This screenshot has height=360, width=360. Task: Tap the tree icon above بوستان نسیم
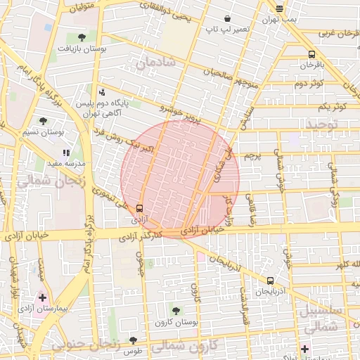(x=44, y=121)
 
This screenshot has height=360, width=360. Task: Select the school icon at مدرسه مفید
(x=67, y=152)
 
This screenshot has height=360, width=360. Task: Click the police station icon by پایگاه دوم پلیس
(x=102, y=91)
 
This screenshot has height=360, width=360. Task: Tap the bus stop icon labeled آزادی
(x=139, y=208)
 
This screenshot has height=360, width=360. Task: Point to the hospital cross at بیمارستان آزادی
(x=43, y=298)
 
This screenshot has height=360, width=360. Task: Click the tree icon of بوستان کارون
(x=176, y=310)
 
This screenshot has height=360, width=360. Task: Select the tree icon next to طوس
(x=133, y=340)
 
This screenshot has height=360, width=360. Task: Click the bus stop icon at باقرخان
(x=311, y=54)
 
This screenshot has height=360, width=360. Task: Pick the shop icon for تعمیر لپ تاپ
(x=226, y=18)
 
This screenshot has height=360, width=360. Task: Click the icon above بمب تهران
(x=280, y=8)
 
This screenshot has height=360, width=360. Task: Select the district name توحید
(x=321, y=124)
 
